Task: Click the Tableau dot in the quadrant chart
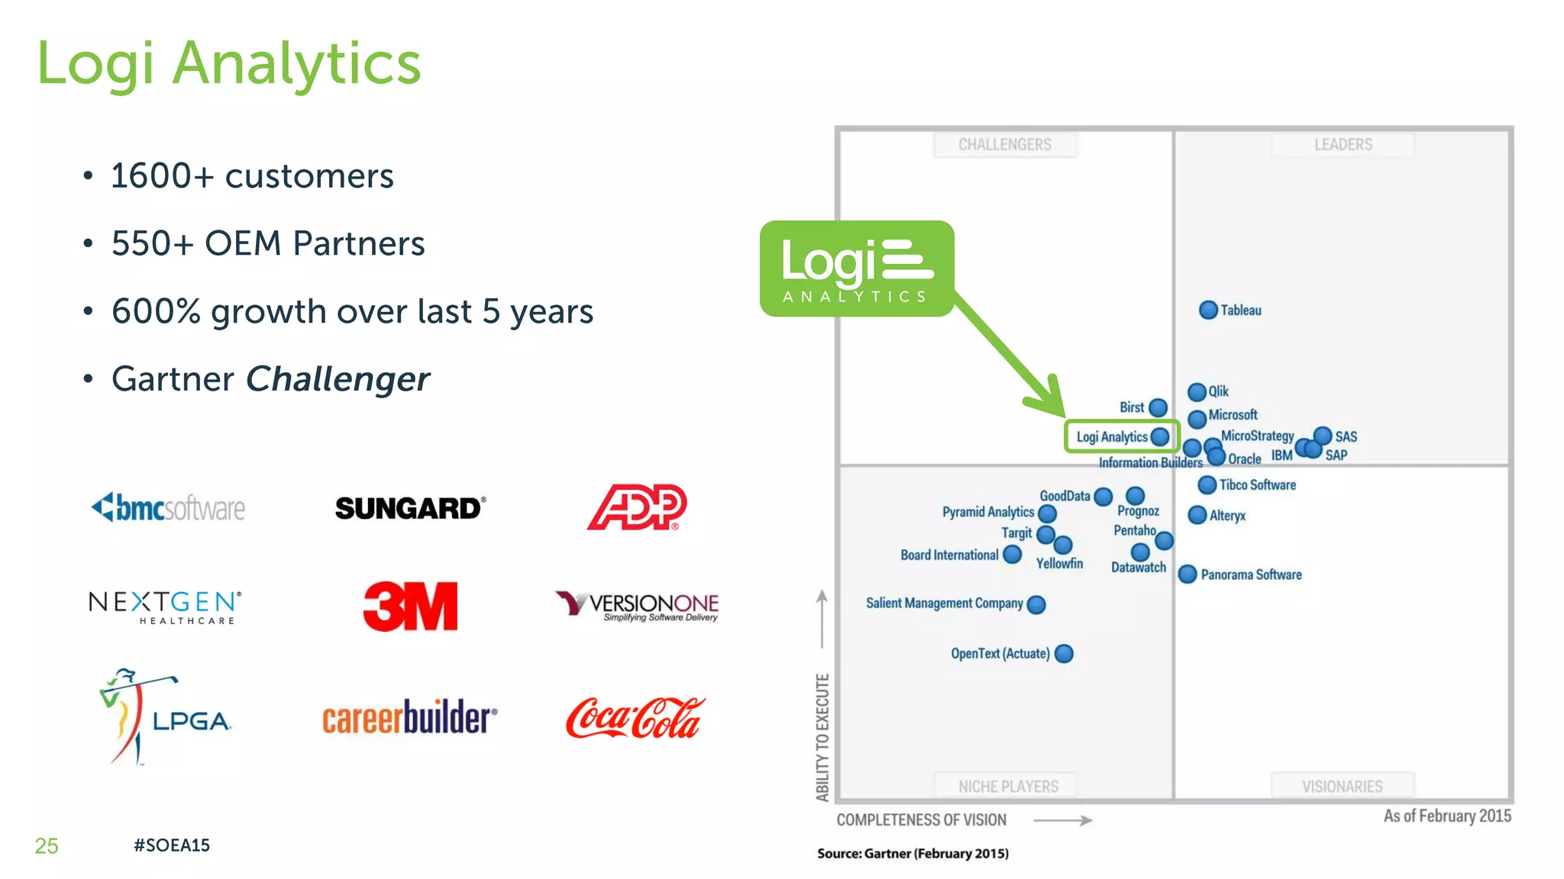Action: pyautogui.click(x=1208, y=310)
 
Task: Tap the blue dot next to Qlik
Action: pyautogui.click(x=1197, y=392)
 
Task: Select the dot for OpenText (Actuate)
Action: pyautogui.click(x=1064, y=654)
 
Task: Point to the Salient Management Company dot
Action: pyautogui.click(x=1036, y=604)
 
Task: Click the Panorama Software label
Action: pyautogui.click(x=1251, y=575)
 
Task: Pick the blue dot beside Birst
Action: pyautogui.click(x=1158, y=407)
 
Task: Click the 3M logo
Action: pyautogui.click(x=410, y=607)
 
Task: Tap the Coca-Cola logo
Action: pyautogui.click(x=635, y=718)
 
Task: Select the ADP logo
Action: pyautogui.click(x=637, y=507)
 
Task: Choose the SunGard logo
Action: pyautogui.click(x=410, y=508)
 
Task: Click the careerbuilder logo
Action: pyautogui.click(x=409, y=718)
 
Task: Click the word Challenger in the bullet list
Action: pyautogui.click(x=338, y=379)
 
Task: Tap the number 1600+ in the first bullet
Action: pyautogui.click(x=162, y=176)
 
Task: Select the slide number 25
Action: pyautogui.click(x=47, y=845)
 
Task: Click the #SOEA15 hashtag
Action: pyautogui.click(x=171, y=845)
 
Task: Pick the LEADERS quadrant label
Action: pyautogui.click(x=1343, y=145)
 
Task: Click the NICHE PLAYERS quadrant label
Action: pyautogui.click(x=1008, y=786)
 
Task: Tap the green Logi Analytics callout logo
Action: pyautogui.click(x=857, y=269)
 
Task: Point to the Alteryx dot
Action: pyautogui.click(x=1197, y=515)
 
